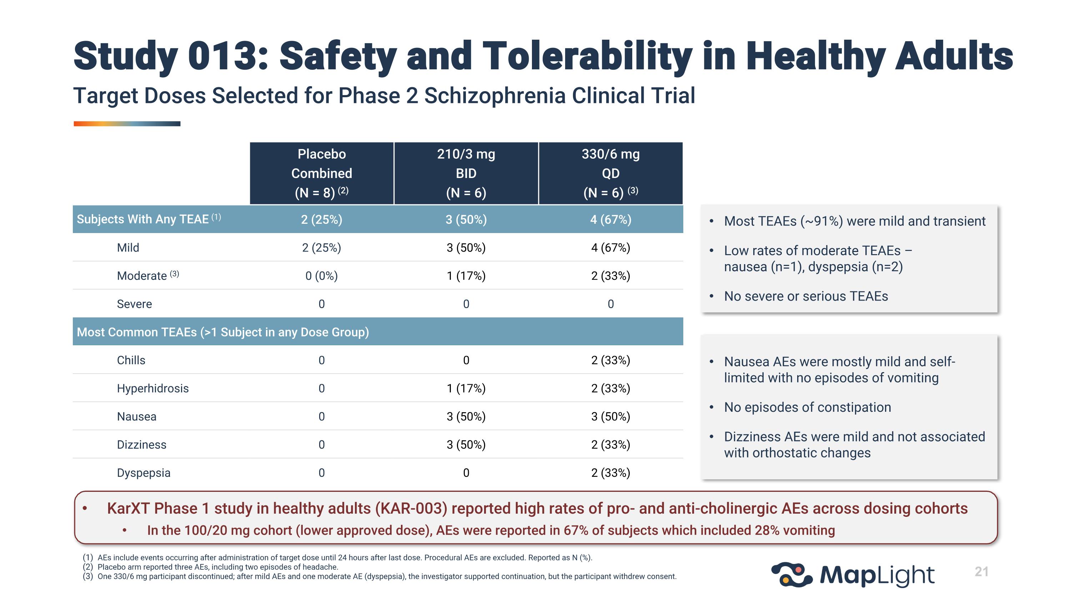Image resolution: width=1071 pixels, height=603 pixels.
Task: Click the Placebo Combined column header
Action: tap(321, 173)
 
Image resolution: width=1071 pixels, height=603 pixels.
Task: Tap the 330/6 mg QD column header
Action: tap(610, 173)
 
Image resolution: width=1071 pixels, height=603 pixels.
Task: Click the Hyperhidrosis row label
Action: tap(152, 388)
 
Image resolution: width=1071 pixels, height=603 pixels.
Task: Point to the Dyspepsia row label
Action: tap(144, 473)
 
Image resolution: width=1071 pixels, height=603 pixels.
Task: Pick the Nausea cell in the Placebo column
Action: tap(321, 416)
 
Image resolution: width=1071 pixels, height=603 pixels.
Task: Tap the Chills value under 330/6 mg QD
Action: tap(610, 360)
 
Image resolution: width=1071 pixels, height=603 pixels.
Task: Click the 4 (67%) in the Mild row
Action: tap(610, 248)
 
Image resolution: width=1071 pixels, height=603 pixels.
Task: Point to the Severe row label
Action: tap(134, 304)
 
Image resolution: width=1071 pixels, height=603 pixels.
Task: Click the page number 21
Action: tap(981, 572)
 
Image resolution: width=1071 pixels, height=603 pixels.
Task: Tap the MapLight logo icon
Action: tap(791, 575)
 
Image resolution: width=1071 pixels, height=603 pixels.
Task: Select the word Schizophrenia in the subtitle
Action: tap(495, 96)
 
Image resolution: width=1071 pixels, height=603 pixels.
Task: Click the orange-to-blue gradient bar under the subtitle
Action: tap(127, 124)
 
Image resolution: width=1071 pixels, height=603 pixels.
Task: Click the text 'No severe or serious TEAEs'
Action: tap(806, 296)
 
